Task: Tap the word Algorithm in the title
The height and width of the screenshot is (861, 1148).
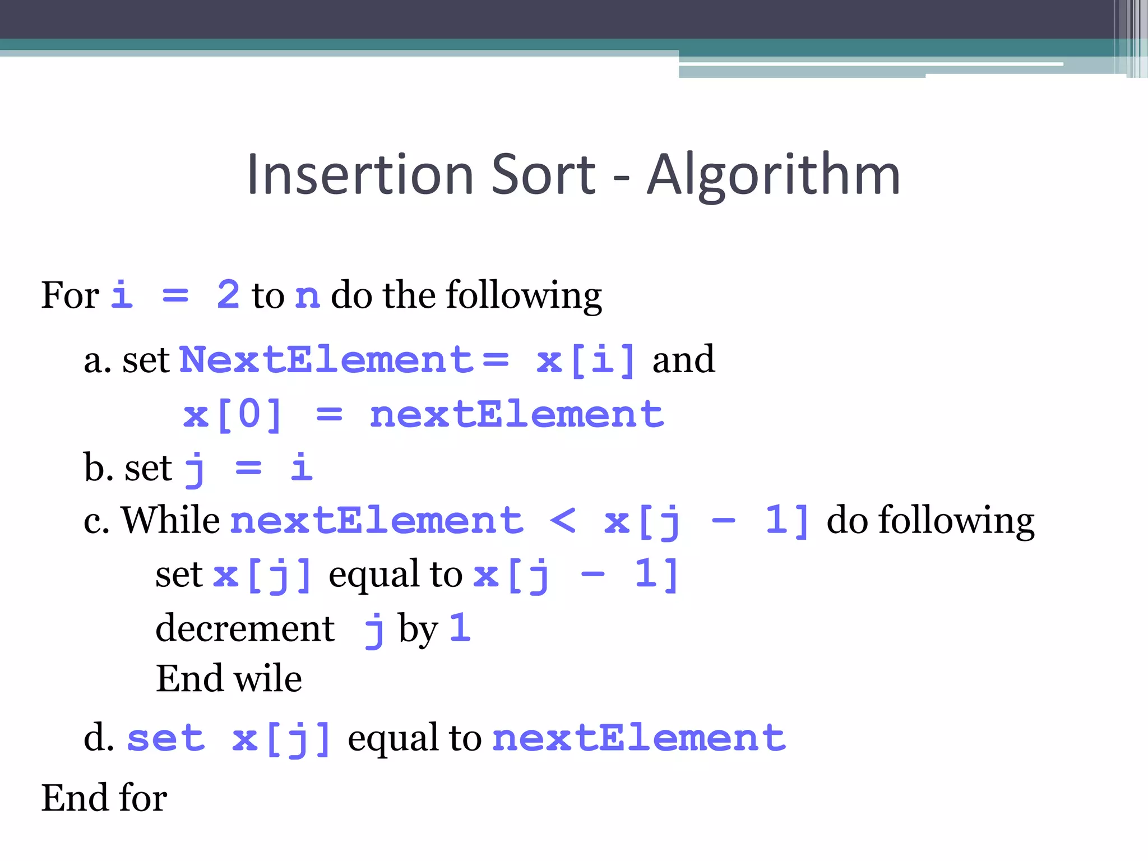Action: [774, 176]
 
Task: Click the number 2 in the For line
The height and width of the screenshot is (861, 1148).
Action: [228, 295]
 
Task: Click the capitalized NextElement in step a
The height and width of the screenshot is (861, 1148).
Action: [327, 359]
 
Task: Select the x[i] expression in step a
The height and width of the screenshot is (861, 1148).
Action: [586, 359]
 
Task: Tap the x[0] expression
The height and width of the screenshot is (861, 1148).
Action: [233, 415]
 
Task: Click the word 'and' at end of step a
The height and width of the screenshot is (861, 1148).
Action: [683, 359]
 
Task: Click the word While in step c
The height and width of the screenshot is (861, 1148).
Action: [171, 520]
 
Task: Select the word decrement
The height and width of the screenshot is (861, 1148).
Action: [245, 628]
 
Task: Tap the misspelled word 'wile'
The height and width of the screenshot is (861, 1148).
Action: [268, 679]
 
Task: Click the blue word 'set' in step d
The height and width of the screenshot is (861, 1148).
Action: [166, 738]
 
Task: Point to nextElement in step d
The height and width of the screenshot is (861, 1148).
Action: [639, 738]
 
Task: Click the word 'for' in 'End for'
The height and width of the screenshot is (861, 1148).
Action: [143, 798]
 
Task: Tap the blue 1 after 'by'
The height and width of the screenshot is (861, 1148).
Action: [460, 627]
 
